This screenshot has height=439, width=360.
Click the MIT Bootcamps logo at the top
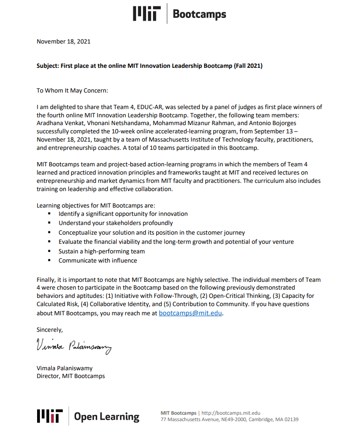click(x=180, y=14)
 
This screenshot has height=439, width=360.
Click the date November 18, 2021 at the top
click(x=64, y=41)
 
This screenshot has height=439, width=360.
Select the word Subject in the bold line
click(x=47, y=66)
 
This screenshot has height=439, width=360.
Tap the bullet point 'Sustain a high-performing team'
click(x=102, y=251)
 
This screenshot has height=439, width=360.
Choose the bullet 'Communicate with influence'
click(x=98, y=260)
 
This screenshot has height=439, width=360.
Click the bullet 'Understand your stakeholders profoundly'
click(x=115, y=223)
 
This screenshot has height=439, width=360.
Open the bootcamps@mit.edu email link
click(x=191, y=313)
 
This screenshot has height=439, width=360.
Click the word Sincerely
click(x=50, y=329)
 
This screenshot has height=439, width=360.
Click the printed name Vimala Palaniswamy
click(x=64, y=368)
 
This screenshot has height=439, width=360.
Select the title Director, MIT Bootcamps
click(x=71, y=376)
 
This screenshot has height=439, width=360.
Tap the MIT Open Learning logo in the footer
click(x=88, y=416)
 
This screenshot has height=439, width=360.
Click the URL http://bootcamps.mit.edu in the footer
click(x=231, y=413)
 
